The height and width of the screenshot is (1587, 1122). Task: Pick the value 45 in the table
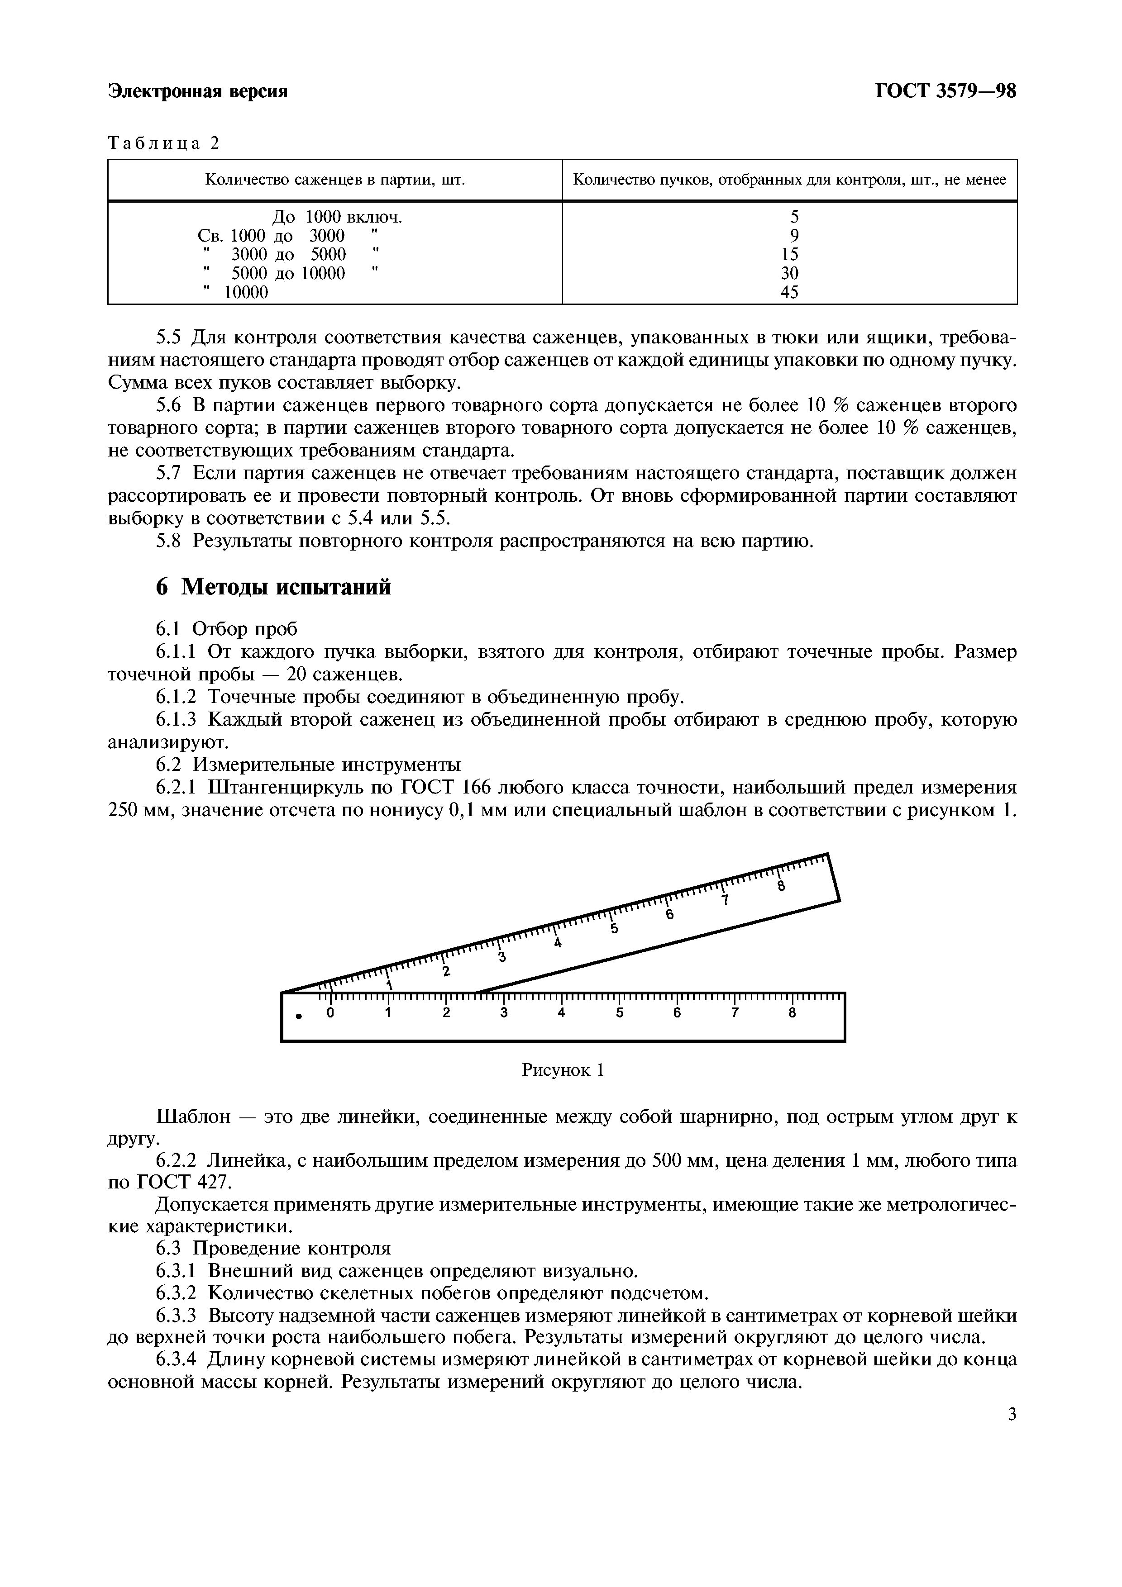[789, 292]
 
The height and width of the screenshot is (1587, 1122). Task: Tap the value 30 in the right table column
[789, 274]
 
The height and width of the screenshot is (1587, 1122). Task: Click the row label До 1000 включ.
[337, 218]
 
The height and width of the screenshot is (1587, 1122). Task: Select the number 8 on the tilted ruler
[781, 887]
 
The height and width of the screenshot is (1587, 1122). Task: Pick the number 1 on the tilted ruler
[389, 985]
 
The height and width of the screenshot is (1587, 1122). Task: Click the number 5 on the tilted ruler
[614, 929]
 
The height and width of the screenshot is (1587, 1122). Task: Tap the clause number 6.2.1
[177, 788]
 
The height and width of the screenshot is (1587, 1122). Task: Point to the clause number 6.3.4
[177, 1359]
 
